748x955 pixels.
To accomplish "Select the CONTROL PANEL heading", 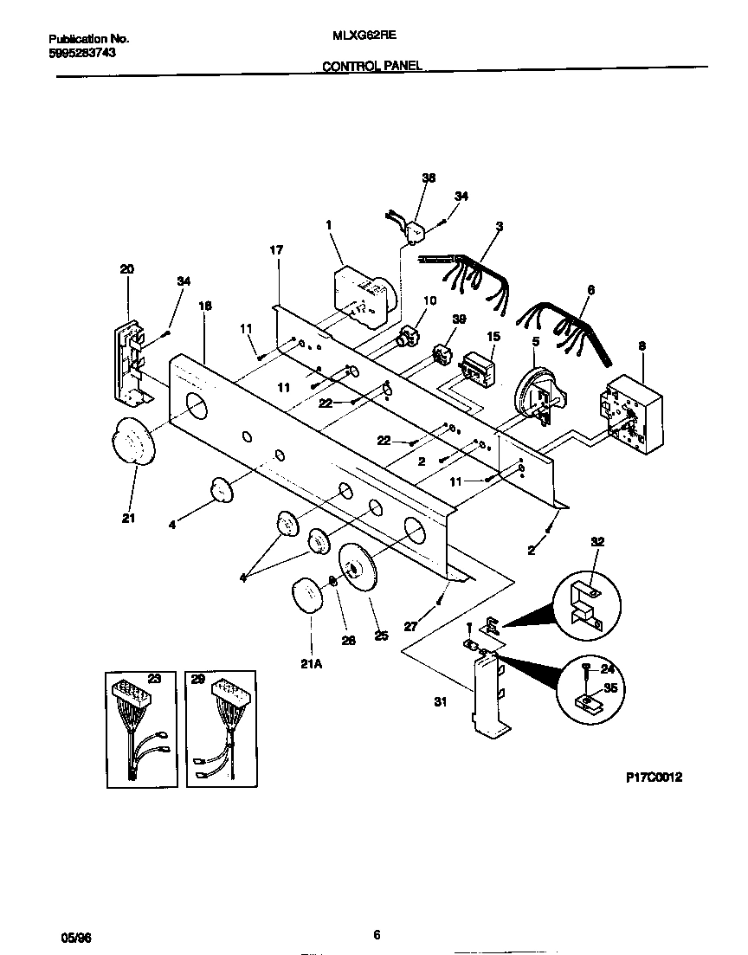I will [372, 66].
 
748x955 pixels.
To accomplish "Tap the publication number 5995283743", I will [83, 52].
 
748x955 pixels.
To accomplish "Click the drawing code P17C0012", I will [654, 778].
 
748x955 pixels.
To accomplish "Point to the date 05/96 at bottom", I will [75, 937].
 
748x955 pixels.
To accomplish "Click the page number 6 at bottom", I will [377, 934].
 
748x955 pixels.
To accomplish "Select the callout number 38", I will [428, 177].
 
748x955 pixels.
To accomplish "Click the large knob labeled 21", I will [132, 442].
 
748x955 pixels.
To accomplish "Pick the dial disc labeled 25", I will [359, 571].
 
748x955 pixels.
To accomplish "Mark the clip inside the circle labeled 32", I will [585, 603].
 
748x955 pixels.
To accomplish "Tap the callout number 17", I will [276, 250].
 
